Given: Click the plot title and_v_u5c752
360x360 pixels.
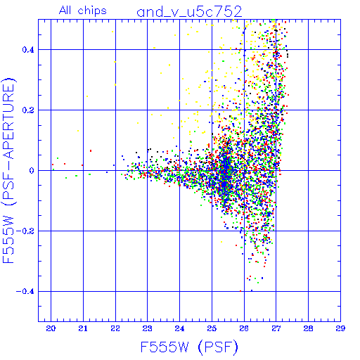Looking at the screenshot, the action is click(189, 12).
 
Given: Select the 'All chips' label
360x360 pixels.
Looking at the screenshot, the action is click(83, 11).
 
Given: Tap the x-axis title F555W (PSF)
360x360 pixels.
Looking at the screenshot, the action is click(189, 347).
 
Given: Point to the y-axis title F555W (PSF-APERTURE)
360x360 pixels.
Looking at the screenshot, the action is click(8, 170).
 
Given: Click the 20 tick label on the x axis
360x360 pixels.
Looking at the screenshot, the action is click(51, 328).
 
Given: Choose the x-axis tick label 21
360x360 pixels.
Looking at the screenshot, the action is click(83, 328).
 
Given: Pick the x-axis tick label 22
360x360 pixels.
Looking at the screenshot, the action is click(115, 328).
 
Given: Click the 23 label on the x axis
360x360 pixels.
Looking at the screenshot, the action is click(148, 328).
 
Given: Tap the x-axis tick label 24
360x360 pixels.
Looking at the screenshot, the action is click(179, 328).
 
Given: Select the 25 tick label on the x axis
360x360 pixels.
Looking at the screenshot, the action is click(212, 328).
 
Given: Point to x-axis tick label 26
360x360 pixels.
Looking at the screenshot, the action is click(244, 328).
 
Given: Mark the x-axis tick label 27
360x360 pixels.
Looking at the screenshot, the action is click(276, 328).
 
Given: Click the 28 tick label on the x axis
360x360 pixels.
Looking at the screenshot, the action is click(308, 328).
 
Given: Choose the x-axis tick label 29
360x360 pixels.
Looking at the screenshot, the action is click(340, 328).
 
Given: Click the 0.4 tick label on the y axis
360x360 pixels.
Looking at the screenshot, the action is click(28, 50).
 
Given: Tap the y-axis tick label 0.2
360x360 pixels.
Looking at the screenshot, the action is click(28, 110).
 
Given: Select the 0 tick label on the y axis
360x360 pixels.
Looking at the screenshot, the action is click(32, 171).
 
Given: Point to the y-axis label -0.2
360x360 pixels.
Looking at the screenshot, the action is click(25, 231).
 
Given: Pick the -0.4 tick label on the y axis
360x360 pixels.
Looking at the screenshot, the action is click(25, 292).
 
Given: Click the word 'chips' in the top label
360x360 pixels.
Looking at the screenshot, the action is click(92, 11).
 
